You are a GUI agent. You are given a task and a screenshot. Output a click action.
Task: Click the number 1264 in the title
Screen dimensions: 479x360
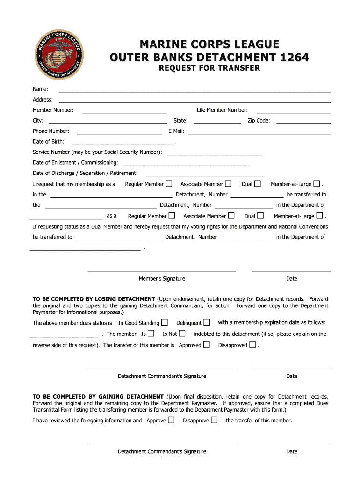pyautogui.click(x=294, y=58)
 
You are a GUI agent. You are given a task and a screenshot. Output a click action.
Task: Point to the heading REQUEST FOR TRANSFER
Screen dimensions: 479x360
pyautogui.click(x=209, y=68)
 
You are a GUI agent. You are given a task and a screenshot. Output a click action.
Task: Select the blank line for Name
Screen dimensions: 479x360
pyautogui.click(x=194, y=91)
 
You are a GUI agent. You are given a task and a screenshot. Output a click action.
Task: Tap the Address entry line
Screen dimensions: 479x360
pyautogui.click(x=194, y=102)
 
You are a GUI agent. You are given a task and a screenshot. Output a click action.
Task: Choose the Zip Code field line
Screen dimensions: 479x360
pyautogui.click(x=303, y=123)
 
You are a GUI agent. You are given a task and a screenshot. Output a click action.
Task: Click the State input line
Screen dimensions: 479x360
pyautogui.click(x=217, y=123)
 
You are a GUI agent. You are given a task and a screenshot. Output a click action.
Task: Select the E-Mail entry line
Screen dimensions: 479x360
pyautogui.click(x=259, y=133)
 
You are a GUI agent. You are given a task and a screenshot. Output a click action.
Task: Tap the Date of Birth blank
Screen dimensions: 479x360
pyautogui.click(x=122, y=144)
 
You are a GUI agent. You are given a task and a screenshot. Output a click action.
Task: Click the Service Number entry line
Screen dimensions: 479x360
pyautogui.click(x=214, y=154)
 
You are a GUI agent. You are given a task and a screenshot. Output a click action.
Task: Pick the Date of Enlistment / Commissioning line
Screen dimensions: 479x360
pyautogui.click(x=187, y=165)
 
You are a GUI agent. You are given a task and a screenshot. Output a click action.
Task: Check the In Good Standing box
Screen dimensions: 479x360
pyautogui.click(x=165, y=322)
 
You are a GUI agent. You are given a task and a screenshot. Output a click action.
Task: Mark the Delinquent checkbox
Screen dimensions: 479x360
pyautogui.click(x=207, y=322)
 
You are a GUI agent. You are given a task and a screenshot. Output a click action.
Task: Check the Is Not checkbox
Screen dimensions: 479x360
pyautogui.click(x=182, y=334)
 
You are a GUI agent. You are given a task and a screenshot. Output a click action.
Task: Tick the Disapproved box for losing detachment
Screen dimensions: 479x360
pyautogui.click(x=252, y=345)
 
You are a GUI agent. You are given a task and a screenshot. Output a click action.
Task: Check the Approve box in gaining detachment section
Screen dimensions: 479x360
pyautogui.click(x=172, y=420)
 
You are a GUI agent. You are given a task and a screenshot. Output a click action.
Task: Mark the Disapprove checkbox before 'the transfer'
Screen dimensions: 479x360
pyautogui.click(x=214, y=420)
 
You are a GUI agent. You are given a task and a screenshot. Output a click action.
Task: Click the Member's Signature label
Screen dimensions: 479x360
pyautogui.click(x=162, y=279)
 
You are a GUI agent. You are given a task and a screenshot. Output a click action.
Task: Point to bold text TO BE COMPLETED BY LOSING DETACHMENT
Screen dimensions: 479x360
pyautogui.click(x=94, y=299)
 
